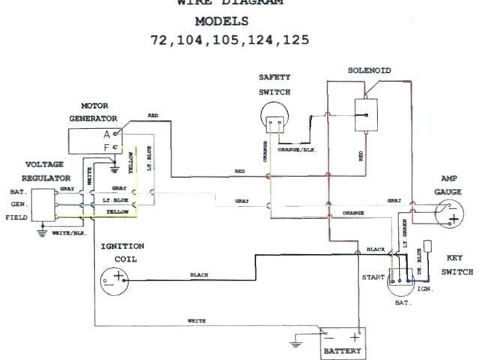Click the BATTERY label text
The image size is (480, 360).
343,350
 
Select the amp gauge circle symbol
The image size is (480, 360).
448,213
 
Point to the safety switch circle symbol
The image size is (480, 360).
274,116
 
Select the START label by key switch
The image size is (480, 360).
373,276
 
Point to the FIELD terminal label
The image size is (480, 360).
16,217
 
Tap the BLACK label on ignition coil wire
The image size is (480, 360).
199,274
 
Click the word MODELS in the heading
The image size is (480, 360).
229,20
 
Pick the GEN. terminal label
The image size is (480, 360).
19,204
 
